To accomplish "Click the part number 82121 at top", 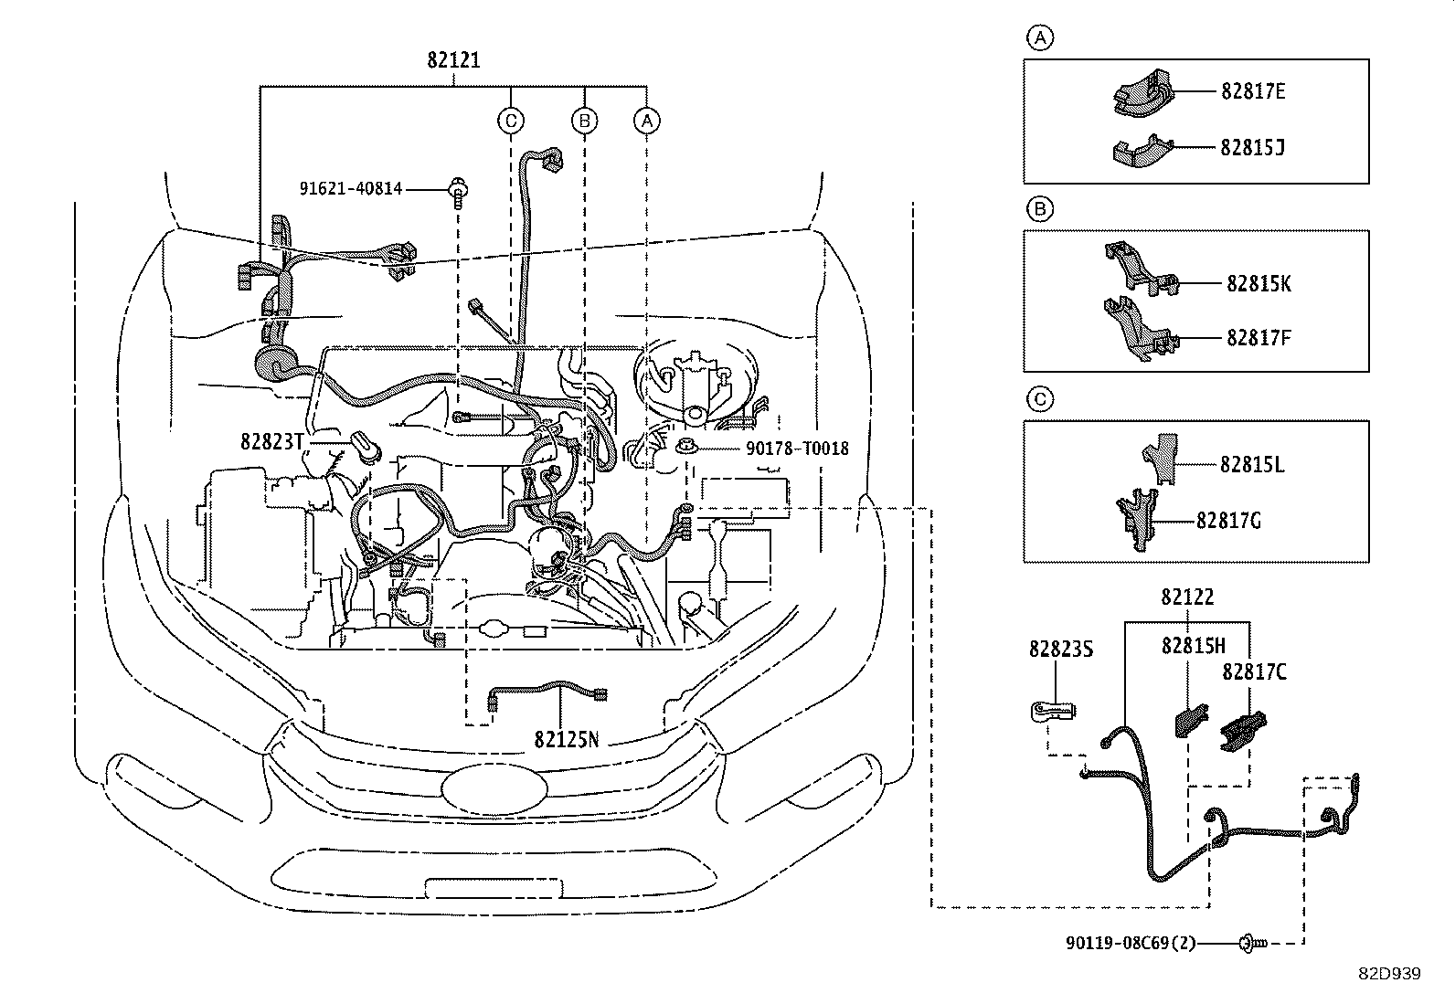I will click(x=453, y=60).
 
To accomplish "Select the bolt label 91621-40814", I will click(x=351, y=189).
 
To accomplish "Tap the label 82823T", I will click(x=271, y=441).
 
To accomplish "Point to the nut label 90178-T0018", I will click(x=783, y=449).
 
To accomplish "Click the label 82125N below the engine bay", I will click(x=567, y=738).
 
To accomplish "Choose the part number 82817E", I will click(x=1253, y=91).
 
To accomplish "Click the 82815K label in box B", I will click(x=1259, y=284).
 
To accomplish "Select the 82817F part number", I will click(x=1259, y=338).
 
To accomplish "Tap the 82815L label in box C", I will click(x=1252, y=465).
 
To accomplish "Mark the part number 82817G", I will click(x=1228, y=521).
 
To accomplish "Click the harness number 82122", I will click(x=1187, y=597).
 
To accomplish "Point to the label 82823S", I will click(x=1061, y=650).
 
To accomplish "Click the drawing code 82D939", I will click(x=1388, y=974).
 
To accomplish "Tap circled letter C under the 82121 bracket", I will click(x=511, y=120).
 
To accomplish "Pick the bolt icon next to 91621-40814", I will click(x=456, y=191).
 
